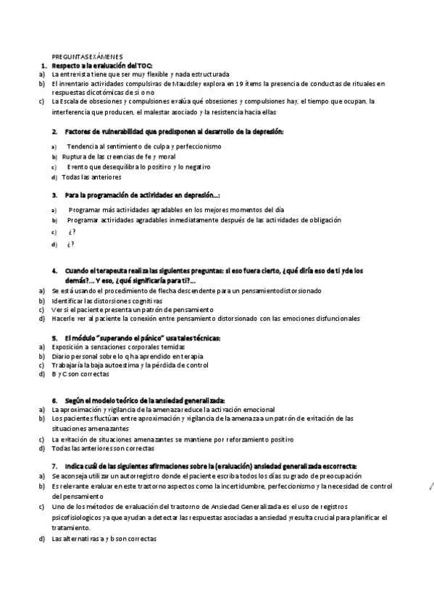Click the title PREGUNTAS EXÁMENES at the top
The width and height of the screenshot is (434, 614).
(x=87, y=56)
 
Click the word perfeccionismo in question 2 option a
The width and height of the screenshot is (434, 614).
(x=199, y=146)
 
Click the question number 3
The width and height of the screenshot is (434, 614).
(x=54, y=195)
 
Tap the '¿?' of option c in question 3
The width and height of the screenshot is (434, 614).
(x=71, y=232)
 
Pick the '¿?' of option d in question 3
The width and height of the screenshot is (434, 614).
(x=71, y=244)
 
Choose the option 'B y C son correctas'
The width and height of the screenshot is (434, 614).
(x=80, y=374)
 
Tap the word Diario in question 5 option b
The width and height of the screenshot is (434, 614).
(x=62, y=356)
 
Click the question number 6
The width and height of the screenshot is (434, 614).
(x=54, y=400)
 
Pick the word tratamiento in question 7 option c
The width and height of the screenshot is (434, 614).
(x=71, y=528)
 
